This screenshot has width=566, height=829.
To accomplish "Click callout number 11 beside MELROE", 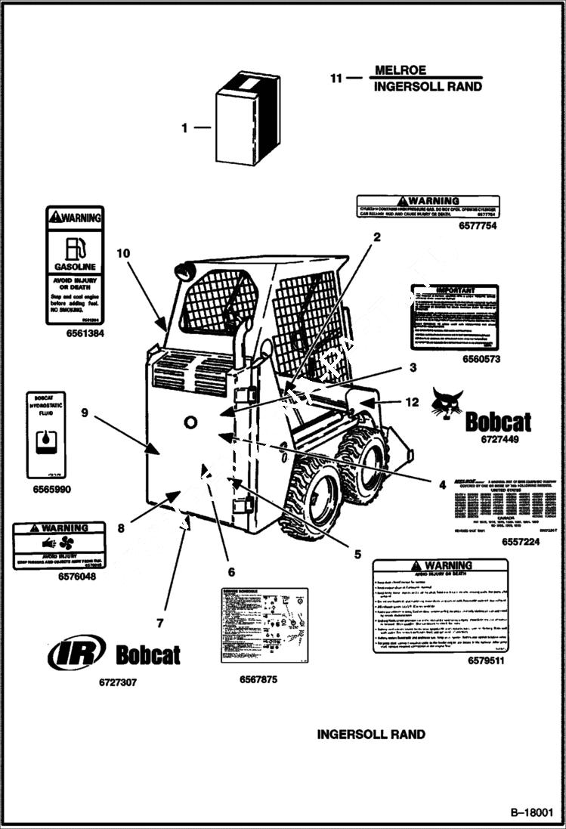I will click(336, 78).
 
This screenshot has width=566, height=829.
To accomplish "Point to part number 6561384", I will click(75, 333).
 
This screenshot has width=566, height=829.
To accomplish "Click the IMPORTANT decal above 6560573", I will click(454, 317).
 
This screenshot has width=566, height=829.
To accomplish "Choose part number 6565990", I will click(51, 489).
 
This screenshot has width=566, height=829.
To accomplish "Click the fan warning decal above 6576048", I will click(58, 544).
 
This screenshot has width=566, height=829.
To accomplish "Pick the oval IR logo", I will click(76, 652).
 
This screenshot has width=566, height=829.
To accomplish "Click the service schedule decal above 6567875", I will click(264, 624).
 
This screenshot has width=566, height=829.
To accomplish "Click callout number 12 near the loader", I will click(411, 403).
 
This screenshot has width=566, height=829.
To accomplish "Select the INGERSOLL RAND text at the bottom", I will click(370, 734).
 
